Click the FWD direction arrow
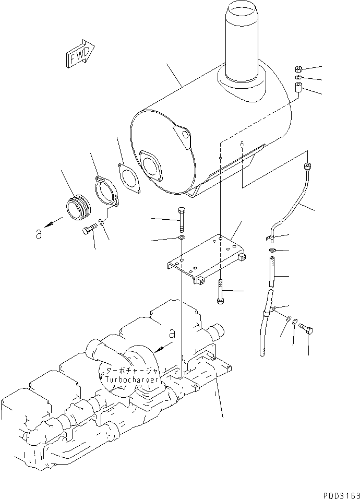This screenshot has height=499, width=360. (79, 53)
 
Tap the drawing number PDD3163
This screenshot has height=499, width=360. (338, 493)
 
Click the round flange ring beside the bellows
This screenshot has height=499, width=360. (106, 191)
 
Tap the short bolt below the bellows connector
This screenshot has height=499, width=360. (89, 230)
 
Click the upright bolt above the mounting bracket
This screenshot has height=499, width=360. (180, 220)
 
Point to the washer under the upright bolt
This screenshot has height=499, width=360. (180, 239)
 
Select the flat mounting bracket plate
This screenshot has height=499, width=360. (206, 256)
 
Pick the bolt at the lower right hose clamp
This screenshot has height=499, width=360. (307, 330)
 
